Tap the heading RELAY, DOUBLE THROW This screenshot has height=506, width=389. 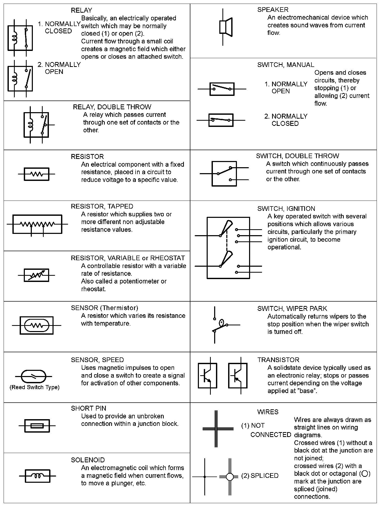(112, 107)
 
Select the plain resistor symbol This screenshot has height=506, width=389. (36, 174)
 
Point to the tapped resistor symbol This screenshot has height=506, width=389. (37, 224)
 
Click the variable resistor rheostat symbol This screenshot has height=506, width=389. (36, 275)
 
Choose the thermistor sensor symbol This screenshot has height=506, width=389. (36, 325)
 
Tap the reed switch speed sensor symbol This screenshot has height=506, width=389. (33, 376)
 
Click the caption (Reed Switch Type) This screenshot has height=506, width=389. (34, 387)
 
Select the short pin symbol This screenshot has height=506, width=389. (37, 426)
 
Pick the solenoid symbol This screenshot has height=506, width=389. (37, 476)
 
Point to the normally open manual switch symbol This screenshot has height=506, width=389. (222, 89)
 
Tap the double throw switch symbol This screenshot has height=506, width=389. (224, 174)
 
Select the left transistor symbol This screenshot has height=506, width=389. (207, 375)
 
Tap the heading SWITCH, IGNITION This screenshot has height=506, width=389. (286, 209)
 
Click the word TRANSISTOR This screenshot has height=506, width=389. (278, 360)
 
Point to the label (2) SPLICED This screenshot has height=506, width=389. (260, 476)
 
